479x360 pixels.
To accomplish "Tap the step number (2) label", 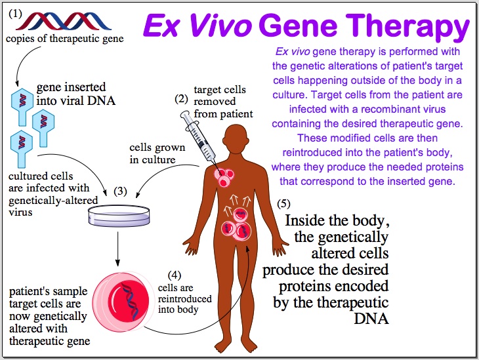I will [x=181, y=100].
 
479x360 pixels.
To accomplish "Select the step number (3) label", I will [x=120, y=191].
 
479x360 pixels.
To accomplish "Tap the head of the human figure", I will [x=236, y=136].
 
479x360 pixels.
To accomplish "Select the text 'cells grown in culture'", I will [x=157, y=153].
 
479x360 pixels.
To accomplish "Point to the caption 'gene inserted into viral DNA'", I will [x=71, y=94].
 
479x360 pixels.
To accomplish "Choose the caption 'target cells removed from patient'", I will [x=223, y=102].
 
